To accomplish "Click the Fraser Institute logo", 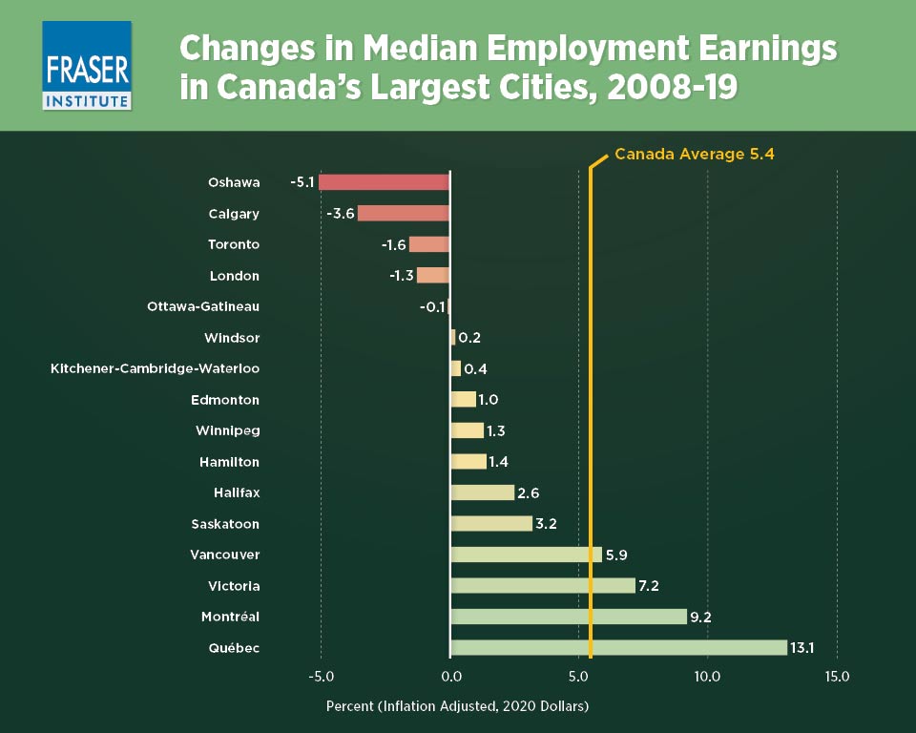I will point(87,66).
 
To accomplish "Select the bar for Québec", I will point(618,648).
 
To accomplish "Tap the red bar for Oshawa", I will point(384,182).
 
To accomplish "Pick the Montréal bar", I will point(568,617).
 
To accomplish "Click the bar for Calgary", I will point(403,214).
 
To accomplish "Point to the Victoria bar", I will point(542,586).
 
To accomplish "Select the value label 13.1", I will point(802,648).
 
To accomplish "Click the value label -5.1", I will point(302,182).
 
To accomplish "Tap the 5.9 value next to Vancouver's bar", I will point(616,555).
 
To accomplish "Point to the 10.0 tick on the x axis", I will point(707,677).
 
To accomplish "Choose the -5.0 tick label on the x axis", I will point(321,677).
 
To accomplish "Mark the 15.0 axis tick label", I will point(837,677).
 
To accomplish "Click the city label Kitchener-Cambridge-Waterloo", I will point(155,368).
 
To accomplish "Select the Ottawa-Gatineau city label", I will point(203,306).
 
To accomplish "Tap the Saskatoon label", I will point(224,524).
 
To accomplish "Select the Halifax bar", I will point(482,492).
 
